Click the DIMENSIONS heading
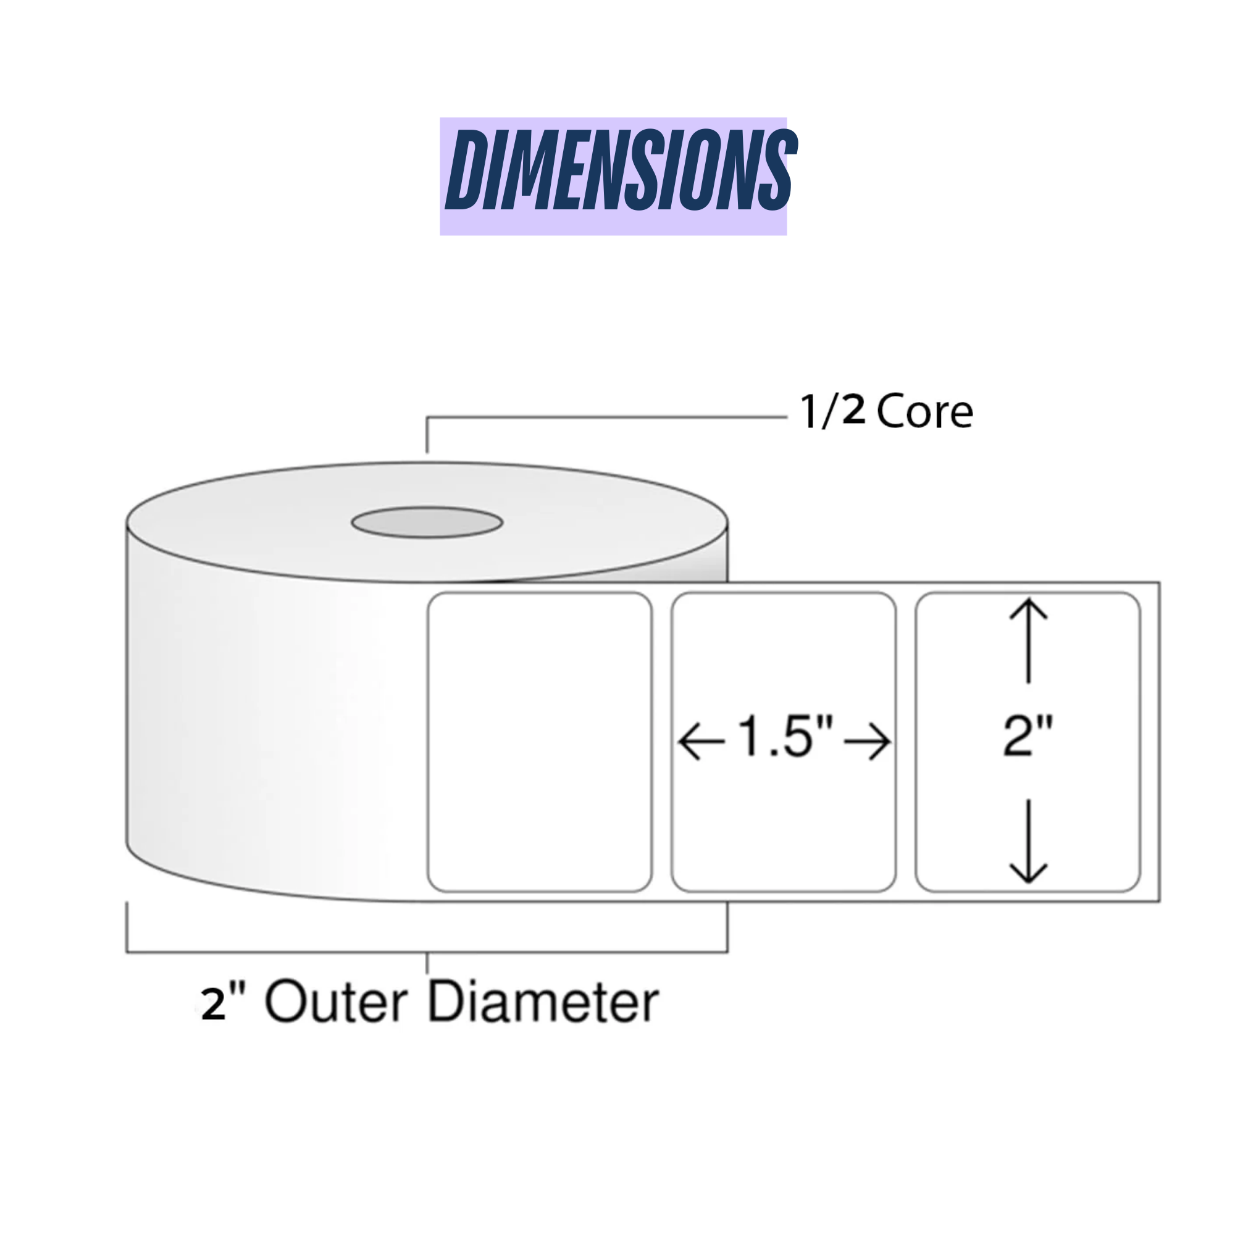[619, 170]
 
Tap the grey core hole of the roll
[427, 522]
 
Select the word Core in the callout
[924, 412]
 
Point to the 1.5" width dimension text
[785, 737]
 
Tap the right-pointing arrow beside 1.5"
[868, 742]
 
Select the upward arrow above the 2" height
[1028, 639]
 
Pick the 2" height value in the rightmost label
[1028, 737]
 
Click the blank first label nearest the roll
[540, 742]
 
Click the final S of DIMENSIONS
[774, 170]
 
